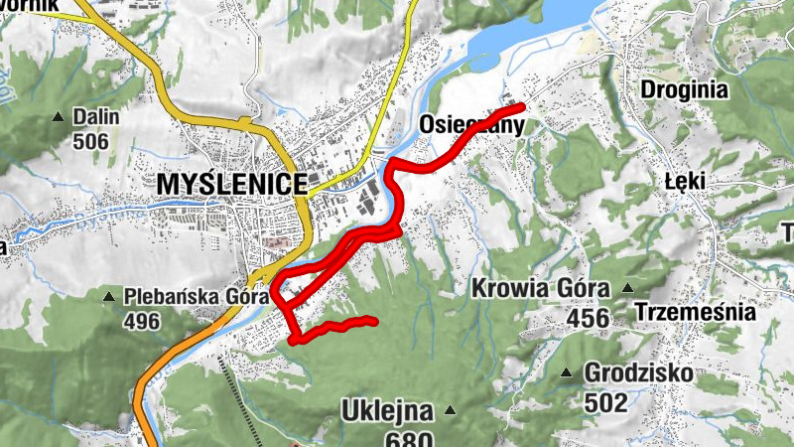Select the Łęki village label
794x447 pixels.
683,183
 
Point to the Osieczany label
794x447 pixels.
470,125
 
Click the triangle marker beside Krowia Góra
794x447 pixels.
627,289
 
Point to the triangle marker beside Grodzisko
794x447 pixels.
567,373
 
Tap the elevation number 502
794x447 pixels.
605,402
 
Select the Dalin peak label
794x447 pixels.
95,117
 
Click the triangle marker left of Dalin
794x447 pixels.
58,118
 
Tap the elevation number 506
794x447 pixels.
90,141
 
